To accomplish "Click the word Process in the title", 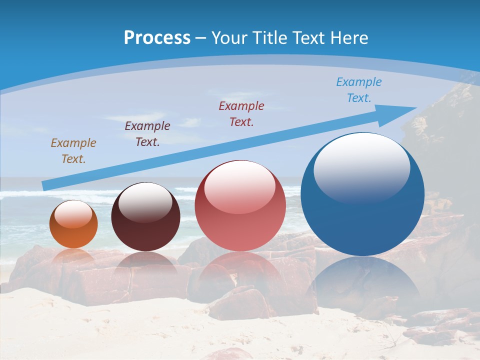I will [157, 38].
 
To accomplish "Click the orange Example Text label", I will [73, 151].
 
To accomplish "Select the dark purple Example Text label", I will [147, 134].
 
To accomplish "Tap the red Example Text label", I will [241, 113].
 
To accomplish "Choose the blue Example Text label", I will [359, 89].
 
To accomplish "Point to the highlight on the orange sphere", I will [73, 214].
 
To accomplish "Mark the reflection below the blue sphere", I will [362, 282].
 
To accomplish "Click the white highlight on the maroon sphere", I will [145, 201].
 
